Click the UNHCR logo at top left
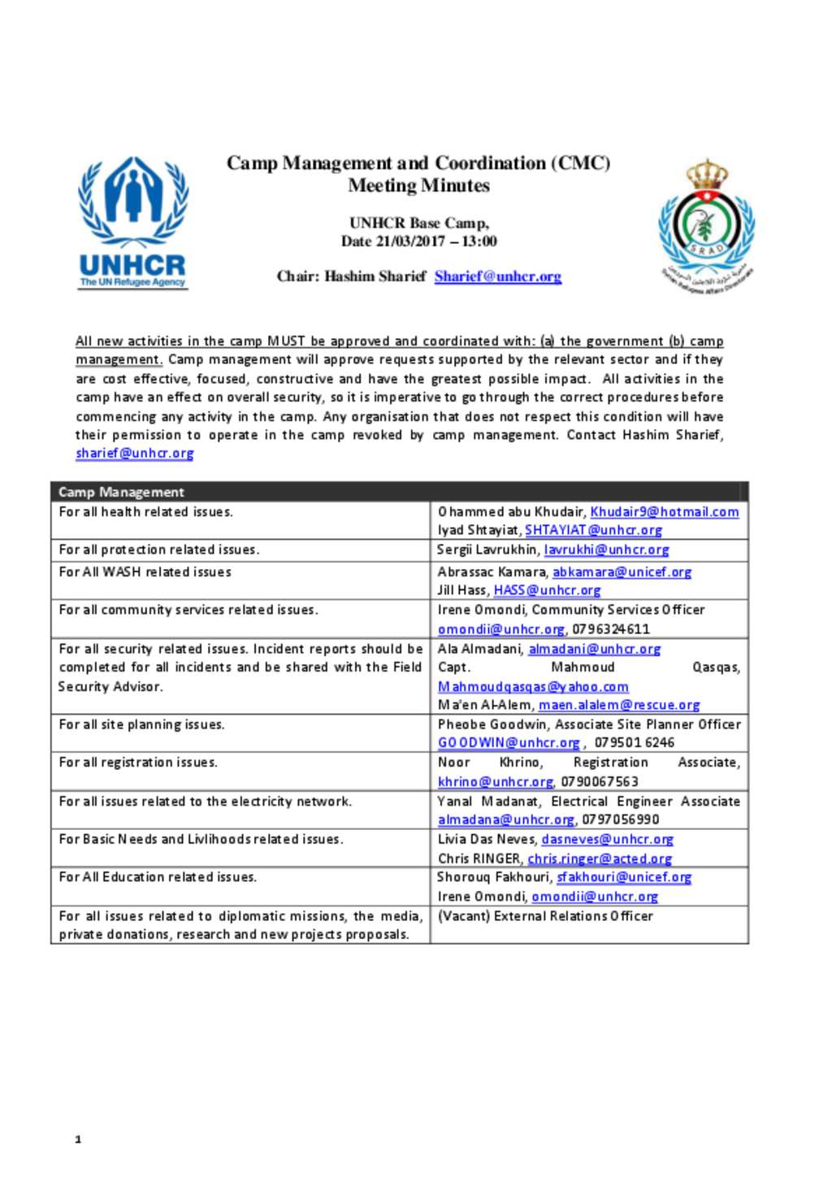(132, 222)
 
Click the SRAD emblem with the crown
(706, 225)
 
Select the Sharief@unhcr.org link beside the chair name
(497, 276)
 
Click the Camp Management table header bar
(399, 492)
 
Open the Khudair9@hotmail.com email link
(664, 512)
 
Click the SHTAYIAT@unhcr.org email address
(593, 530)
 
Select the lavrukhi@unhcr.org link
(606, 550)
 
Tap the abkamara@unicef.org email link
(622, 572)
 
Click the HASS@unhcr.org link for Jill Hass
(547, 590)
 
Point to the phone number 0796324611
(610, 629)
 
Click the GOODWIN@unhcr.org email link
(509, 743)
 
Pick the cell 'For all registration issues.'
(138, 763)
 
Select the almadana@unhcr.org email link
(505, 819)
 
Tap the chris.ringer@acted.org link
(600, 859)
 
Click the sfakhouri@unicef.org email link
(623, 877)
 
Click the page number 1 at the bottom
(78, 1140)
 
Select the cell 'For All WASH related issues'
(145, 572)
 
